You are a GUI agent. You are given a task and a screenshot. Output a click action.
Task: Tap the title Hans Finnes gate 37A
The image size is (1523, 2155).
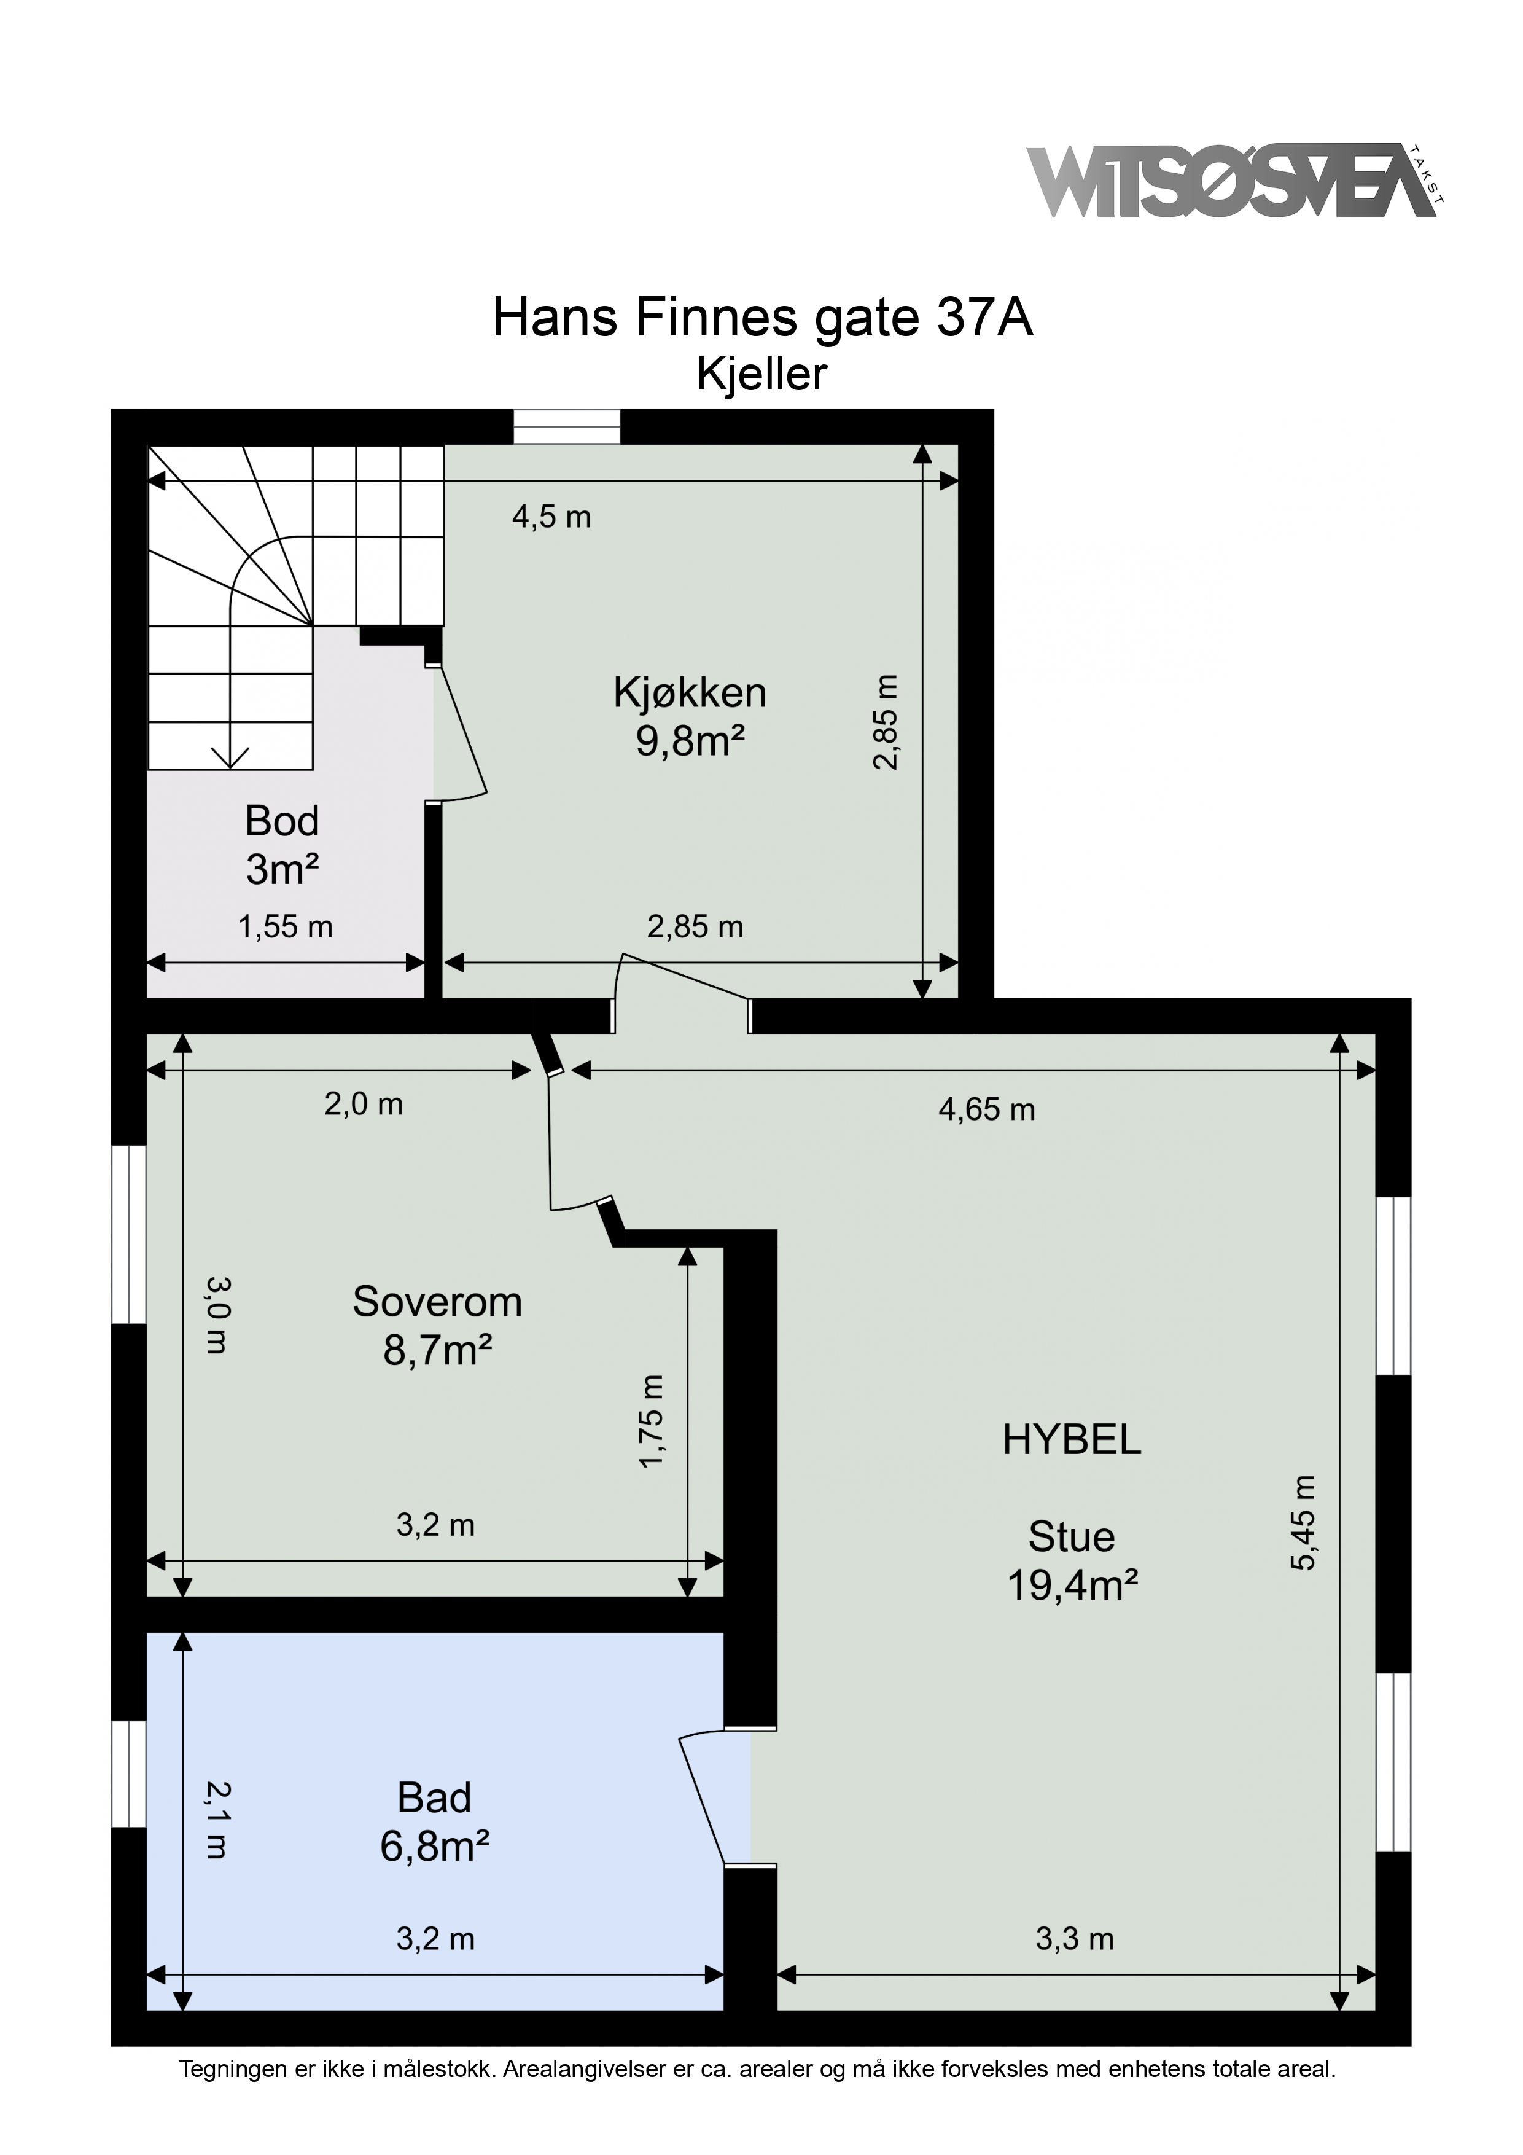(x=762, y=319)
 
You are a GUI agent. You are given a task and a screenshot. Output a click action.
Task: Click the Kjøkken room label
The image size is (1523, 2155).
(x=690, y=693)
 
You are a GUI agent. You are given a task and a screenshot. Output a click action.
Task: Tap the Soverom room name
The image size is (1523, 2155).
(x=437, y=1302)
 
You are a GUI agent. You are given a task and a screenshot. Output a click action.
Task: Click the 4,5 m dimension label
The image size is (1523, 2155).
(x=551, y=516)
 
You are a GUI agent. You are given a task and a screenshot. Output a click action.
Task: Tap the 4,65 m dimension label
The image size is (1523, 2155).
(x=986, y=1109)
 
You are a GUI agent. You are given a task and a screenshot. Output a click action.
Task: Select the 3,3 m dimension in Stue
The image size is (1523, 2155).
(x=1075, y=1938)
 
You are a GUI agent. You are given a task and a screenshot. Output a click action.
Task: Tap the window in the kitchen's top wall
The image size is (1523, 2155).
(x=567, y=427)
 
